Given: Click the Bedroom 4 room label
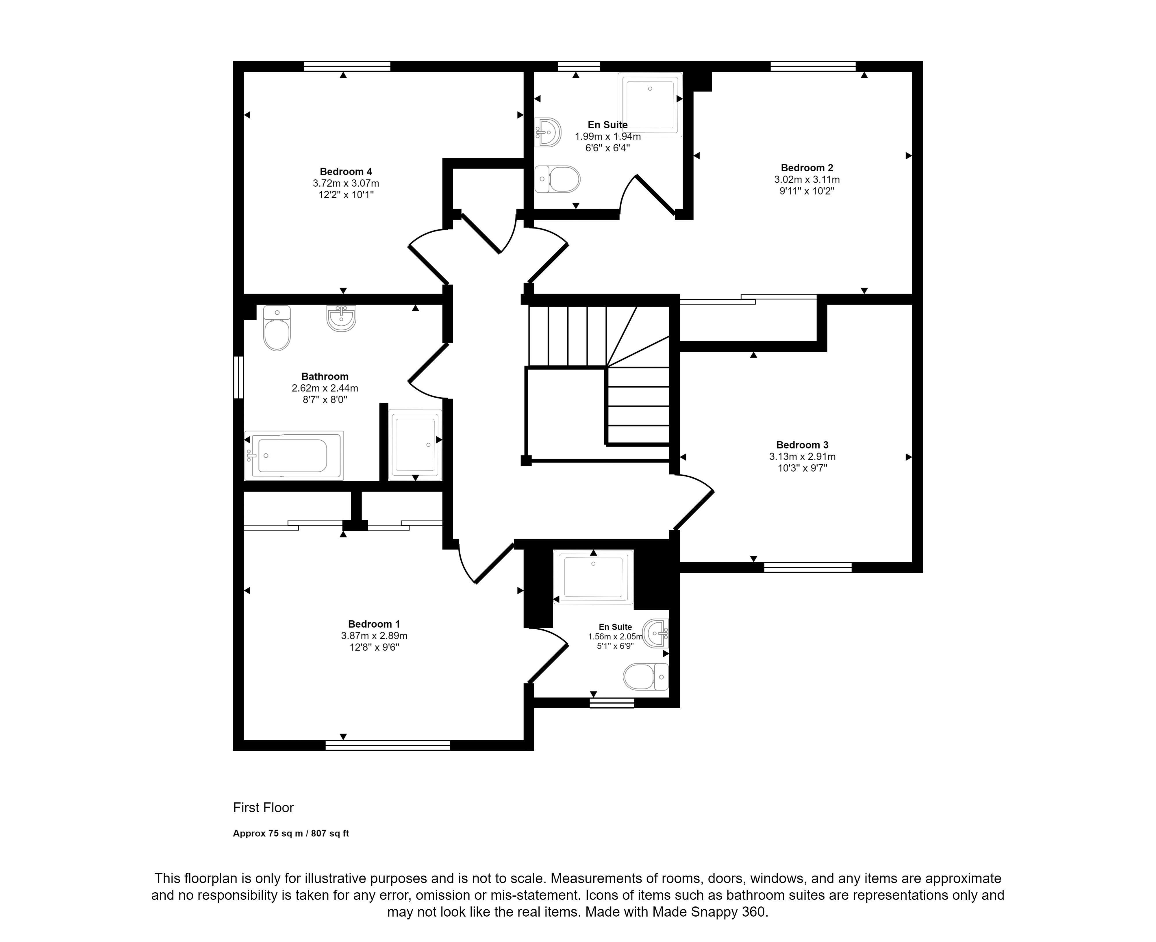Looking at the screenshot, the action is pos(346,171).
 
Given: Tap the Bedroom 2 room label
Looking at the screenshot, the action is pos(807,168).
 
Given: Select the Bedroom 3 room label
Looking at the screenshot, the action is pos(802,445).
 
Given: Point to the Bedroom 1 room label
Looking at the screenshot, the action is pos(374,624).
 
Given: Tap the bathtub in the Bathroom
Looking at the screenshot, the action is pos(294,455).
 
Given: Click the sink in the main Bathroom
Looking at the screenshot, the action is pos(341,318).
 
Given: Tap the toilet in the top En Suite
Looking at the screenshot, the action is pos(557,179).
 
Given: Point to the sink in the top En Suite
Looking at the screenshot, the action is pos(548,132).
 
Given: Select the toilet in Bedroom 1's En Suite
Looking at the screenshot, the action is pos(646,677).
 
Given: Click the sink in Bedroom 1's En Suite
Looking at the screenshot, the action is pos(656,633).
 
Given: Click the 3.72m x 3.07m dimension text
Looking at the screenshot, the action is pos(346,183).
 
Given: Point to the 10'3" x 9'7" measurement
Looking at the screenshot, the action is pos(802,468).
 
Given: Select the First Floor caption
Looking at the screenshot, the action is pos(263,807).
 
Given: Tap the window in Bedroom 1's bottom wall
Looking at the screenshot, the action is pos(388,745).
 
